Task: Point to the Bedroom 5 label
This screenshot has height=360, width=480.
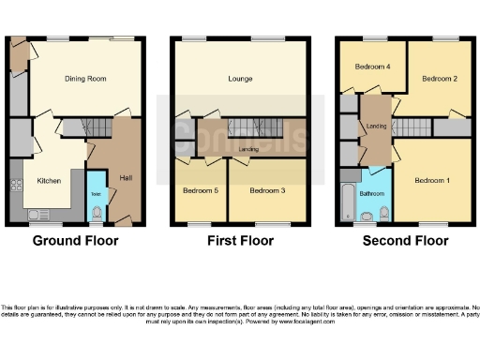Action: (x=199, y=190)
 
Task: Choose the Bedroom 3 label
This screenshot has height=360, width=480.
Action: (x=267, y=190)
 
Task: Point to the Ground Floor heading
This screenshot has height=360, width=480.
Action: (x=75, y=241)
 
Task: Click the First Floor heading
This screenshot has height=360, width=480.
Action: (x=240, y=241)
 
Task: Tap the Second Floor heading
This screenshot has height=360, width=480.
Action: (x=405, y=241)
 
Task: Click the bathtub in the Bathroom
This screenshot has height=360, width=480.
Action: (x=349, y=200)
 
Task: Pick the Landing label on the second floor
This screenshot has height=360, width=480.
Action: (x=376, y=127)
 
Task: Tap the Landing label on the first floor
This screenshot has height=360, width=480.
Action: (x=249, y=148)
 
